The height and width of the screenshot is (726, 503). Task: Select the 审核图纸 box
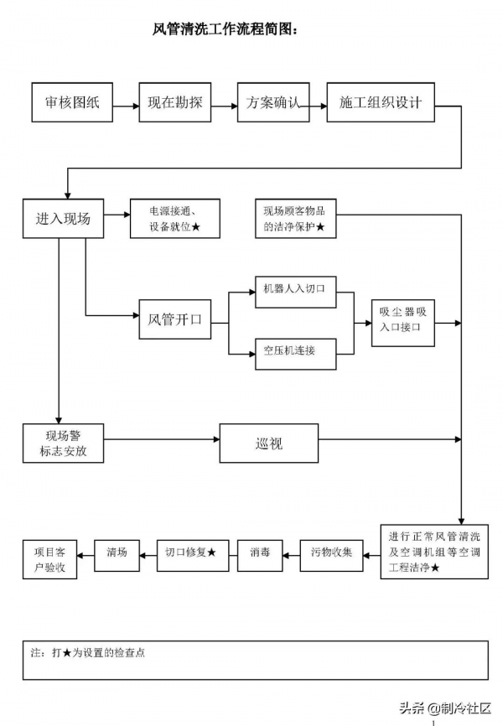(72, 102)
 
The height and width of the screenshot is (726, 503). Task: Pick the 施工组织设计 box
(381, 102)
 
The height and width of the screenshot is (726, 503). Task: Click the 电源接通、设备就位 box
(174, 219)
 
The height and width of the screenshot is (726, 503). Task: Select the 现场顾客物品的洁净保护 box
(296, 219)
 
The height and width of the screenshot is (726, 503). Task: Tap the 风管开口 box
(174, 319)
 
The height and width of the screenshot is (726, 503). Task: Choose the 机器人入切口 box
(295, 289)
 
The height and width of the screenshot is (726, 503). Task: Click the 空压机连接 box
(295, 350)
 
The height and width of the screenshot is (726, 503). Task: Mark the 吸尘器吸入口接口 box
(404, 319)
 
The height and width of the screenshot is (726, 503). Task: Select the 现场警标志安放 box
(63, 443)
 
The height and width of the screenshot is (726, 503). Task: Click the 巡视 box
(269, 443)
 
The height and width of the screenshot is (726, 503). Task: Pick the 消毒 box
(260, 552)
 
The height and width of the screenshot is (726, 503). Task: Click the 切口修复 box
(193, 552)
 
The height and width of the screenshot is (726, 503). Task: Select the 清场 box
(117, 552)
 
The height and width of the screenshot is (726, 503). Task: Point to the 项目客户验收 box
(50, 559)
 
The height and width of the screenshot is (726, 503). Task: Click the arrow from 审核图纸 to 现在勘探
(126, 106)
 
